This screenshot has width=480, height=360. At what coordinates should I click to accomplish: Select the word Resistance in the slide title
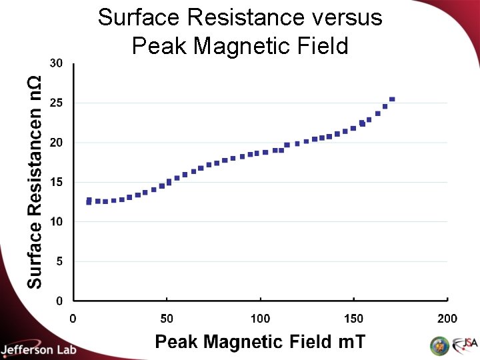[241, 17]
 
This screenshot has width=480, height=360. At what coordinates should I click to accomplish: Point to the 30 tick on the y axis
[56, 63]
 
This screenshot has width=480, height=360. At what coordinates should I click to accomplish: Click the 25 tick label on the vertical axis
[56, 103]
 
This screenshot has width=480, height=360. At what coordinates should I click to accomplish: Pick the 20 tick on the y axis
[56, 143]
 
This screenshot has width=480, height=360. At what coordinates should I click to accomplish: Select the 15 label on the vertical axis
[56, 182]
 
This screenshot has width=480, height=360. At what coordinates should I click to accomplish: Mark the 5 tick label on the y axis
[59, 261]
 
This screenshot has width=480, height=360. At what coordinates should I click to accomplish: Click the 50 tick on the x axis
[167, 318]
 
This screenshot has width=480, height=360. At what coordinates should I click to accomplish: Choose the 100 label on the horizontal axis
[260, 318]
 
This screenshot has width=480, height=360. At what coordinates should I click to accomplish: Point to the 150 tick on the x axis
[353, 318]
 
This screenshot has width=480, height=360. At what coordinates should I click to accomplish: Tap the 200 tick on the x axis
[447, 318]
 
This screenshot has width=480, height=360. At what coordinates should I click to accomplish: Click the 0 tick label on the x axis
[73, 318]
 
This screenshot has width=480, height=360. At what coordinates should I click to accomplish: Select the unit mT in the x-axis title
[351, 342]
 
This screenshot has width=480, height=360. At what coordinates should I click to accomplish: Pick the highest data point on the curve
[392, 99]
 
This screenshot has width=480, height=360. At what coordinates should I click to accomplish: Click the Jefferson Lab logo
[39, 349]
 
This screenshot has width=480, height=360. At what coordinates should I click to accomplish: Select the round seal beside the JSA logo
[440, 345]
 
